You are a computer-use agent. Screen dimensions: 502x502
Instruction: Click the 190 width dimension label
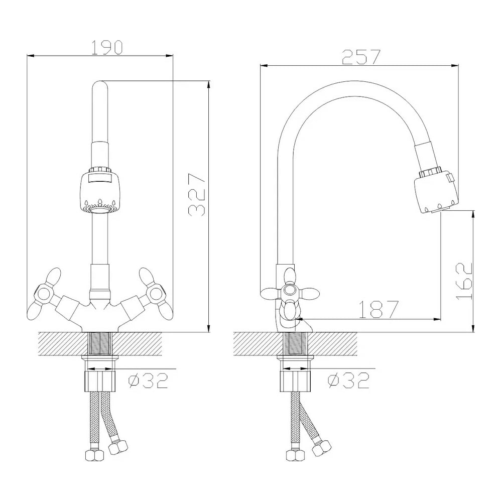coord(107,47)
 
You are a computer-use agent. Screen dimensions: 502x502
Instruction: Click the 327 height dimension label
coord(197,195)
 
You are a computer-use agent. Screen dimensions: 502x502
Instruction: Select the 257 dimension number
coord(361,57)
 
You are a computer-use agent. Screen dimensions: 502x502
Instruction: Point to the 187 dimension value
coord(378,309)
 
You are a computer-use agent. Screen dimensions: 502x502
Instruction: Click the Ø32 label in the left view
coord(148,381)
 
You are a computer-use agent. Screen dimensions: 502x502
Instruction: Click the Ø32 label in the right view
coord(348,381)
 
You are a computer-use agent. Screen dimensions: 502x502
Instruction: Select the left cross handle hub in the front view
coord(43,294)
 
